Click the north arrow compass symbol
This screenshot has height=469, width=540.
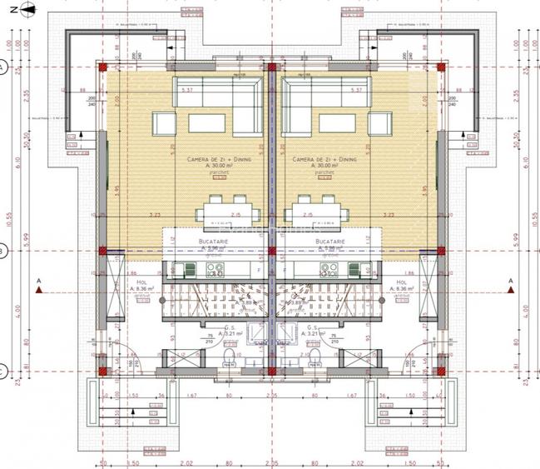click(27, 9)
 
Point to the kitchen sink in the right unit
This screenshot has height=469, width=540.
click(359, 269)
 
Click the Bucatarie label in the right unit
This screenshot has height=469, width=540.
click(330, 240)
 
